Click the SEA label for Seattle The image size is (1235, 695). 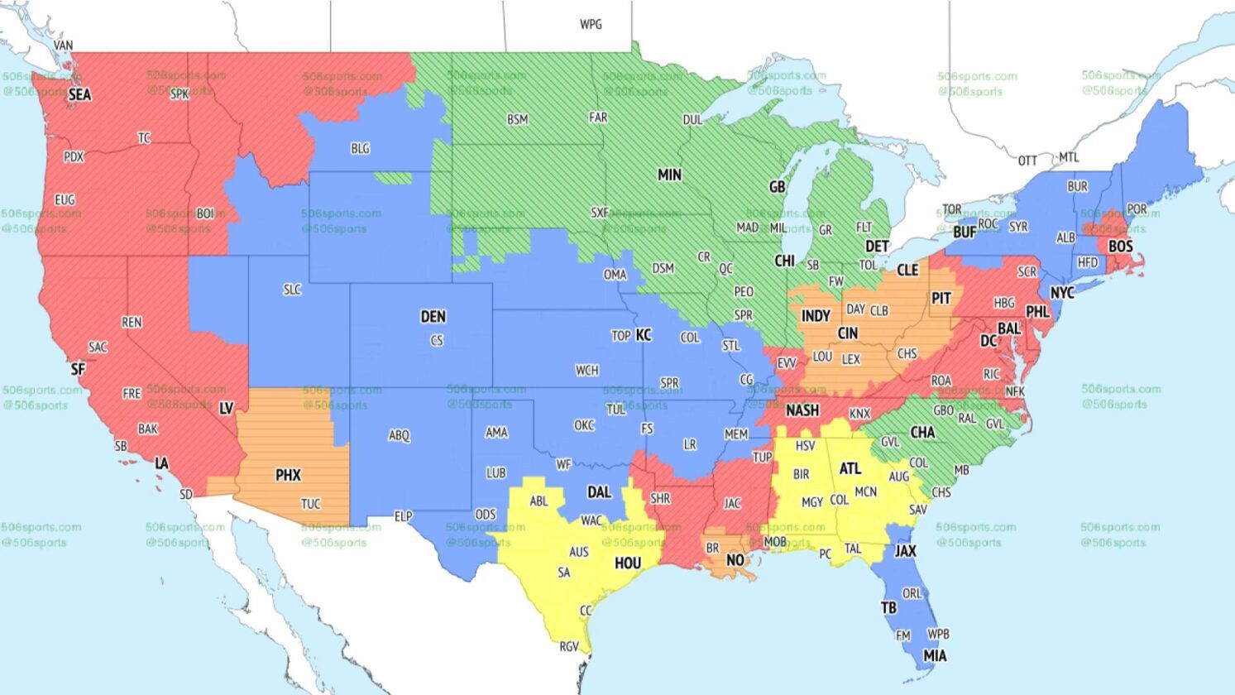pos(79,95)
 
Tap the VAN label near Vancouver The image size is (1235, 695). pos(63,46)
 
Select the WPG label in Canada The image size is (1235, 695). pos(591,25)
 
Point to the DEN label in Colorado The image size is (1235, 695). pos(433,317)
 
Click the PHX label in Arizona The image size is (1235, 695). pos(288,476)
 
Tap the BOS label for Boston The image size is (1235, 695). pos(1120,247)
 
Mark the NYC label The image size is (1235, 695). pos(1061,294)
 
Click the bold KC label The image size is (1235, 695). pos(644,335)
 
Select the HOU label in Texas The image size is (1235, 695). pos(628,564)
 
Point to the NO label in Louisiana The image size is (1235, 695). pos(735,561)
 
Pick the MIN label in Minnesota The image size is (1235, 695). pos(669,175)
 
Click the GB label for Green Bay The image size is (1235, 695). pos(777,188)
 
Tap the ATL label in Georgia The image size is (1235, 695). pos(850,469)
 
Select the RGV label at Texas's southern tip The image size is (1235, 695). pos(569,647)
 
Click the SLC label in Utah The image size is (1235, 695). pos(292,290)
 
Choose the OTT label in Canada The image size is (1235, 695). pos(1027,161)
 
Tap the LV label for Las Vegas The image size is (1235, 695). pos(226,409)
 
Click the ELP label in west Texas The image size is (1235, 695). pos(403,517)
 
